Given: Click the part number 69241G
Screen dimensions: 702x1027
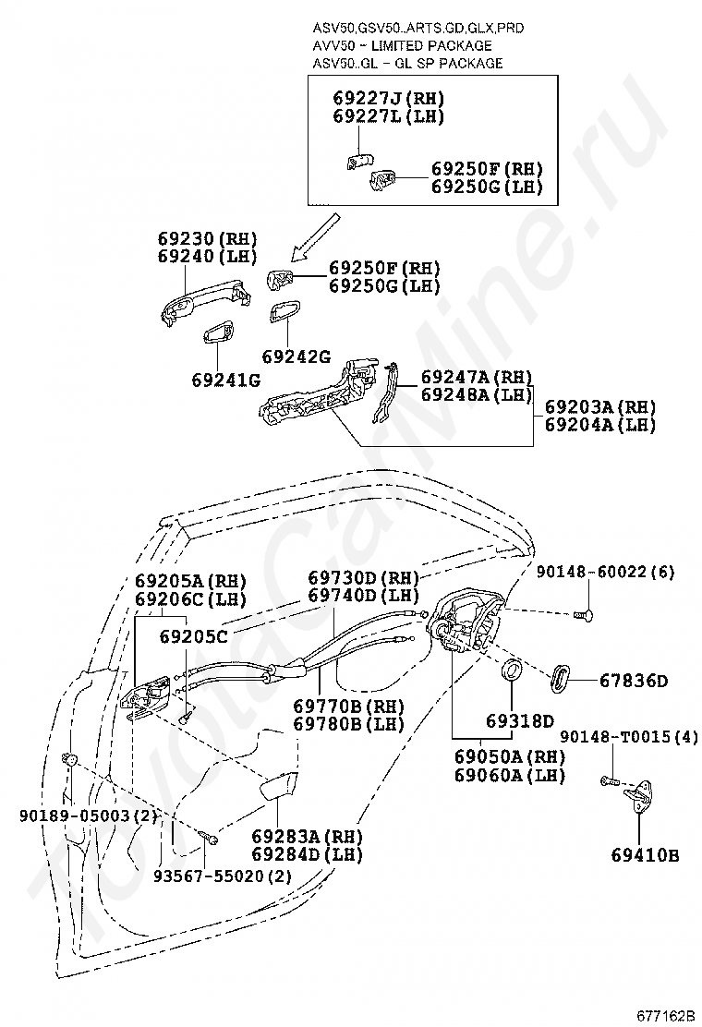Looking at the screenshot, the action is (x=226, y=380).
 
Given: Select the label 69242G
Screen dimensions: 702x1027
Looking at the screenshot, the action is (x=296, y=356).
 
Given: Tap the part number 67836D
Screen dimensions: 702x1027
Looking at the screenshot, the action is (x=633, y=681).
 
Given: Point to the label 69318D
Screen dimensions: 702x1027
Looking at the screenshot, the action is (x=521, y=720).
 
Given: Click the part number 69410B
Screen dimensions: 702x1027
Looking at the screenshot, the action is (x=644, y=855).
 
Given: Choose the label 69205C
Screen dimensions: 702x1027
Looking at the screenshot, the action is (x=193, y=636).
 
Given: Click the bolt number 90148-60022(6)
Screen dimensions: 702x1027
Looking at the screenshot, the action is (x=605, y=573).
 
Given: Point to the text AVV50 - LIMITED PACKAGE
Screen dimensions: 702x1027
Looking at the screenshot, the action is (x=402, y=45).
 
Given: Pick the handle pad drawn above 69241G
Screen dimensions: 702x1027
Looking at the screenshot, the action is (x=220, y=334).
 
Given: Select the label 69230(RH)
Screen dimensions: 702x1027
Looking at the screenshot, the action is (x=207, y=237).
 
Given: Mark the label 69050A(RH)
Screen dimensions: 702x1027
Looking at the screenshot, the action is (x=509, y=756).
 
